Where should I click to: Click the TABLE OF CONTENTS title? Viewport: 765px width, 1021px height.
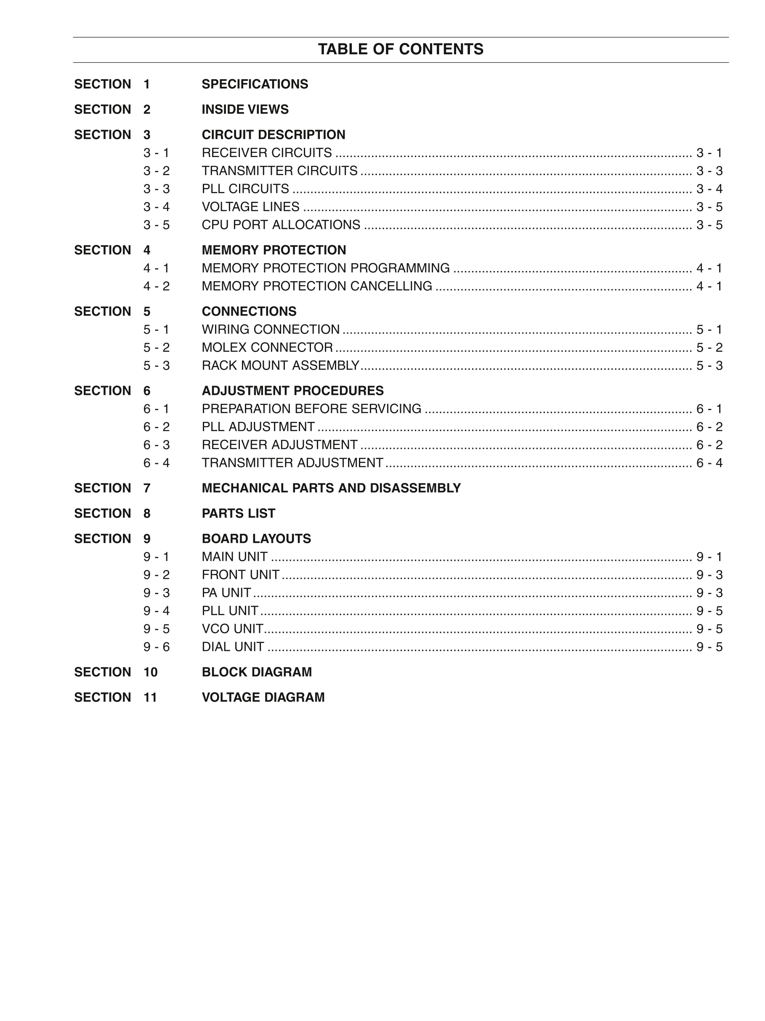[400, 49]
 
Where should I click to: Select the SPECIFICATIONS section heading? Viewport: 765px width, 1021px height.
[255, 84]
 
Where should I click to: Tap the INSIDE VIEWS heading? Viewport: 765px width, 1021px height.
[245, 109]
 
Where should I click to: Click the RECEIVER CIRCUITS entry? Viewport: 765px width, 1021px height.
[267, 153]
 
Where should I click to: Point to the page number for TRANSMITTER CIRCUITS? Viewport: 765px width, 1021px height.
[709, 171]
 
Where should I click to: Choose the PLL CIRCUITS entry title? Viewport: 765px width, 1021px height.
[245, 189]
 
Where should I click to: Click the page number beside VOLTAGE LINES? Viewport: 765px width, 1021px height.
[709, 207]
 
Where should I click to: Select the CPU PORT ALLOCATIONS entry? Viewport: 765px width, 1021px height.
[281, 225]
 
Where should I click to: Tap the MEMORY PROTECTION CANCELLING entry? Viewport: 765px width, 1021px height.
[317, 286]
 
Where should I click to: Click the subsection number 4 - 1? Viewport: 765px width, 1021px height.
[157, 268]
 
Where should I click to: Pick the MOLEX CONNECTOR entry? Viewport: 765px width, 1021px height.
[267, 348]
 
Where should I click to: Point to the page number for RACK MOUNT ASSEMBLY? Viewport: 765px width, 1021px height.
[709, 365]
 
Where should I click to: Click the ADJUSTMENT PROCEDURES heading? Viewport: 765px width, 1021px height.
[292, 391]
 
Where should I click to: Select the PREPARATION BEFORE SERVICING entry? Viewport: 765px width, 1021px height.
[311, 409]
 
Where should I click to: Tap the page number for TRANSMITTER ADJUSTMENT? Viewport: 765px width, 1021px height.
[709, 463]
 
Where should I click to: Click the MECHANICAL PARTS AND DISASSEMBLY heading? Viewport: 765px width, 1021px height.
[331, 488]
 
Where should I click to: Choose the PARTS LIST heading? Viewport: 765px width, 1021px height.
[239, 513]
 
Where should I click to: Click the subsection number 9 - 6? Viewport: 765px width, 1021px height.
[157, 647]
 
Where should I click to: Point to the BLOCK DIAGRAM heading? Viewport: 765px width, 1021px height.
[257, 672]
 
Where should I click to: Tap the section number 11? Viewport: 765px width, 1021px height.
[150, 697]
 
